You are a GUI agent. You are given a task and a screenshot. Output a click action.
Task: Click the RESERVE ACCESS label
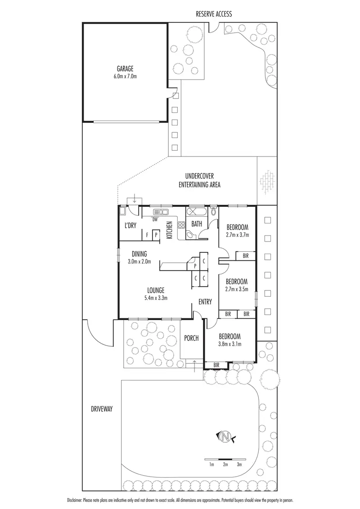(x=213, y=14)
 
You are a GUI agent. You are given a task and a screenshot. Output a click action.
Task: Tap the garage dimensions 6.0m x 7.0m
(x=126, y=76)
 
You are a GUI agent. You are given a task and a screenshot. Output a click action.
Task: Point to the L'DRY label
(x=130, y=226)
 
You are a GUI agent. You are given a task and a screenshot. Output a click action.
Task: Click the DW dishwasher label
(x=154, y=219)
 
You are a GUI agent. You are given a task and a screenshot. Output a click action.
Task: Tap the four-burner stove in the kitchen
(x=182, y=226)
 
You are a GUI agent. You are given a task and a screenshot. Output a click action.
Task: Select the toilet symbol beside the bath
(x=214, y=211)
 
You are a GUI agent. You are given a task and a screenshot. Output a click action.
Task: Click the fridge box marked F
(x=147, y=235)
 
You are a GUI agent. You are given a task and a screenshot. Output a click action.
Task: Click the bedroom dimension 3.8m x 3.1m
(x=229, y=344)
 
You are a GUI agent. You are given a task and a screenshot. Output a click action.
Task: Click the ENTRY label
(x=205, y=302)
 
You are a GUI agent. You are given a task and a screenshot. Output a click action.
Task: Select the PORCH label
(x=192, y=339)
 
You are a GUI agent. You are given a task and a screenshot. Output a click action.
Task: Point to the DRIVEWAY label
(x=101, y=409)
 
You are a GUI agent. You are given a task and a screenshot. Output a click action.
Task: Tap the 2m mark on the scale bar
(x=225, y=464)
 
